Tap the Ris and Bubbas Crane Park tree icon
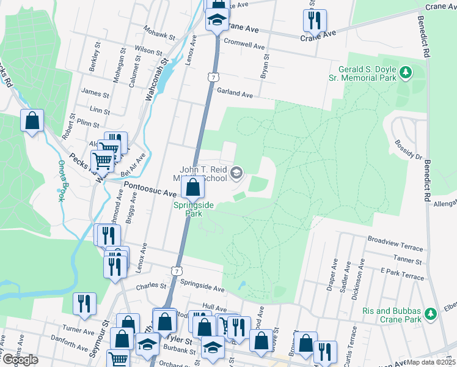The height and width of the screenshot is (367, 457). point(431,314)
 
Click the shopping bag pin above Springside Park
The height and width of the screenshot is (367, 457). point(192,188)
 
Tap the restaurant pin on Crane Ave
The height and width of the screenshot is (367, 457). point(314,20)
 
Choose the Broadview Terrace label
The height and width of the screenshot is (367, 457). point(395,243)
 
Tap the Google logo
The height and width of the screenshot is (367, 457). point(20,360)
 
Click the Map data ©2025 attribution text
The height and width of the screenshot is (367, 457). point(430,362)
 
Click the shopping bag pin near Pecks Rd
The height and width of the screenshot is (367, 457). point(32,120)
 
